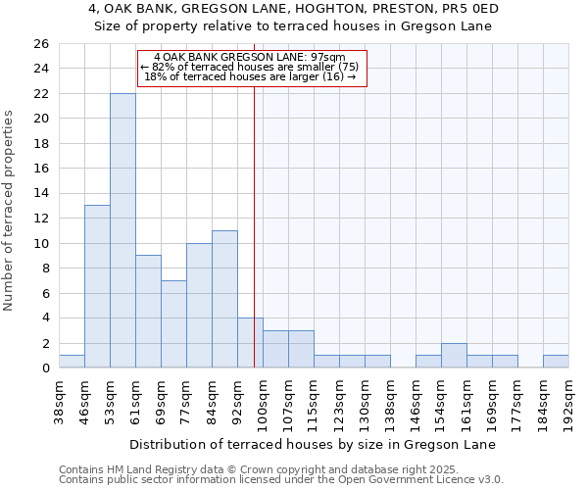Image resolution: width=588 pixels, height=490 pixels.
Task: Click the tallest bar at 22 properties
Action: coord(122,230)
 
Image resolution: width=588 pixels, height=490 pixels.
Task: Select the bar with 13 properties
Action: coord(97,286)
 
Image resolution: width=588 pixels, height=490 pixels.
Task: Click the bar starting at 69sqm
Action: coord(173,323)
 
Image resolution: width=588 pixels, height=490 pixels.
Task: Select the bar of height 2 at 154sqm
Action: coord(454,356)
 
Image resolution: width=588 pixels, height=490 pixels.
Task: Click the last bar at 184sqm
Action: coord(556,362)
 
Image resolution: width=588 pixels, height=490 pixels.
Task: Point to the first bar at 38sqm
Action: coord(72,362)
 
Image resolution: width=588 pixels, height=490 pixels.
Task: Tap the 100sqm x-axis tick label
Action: coord(263,401)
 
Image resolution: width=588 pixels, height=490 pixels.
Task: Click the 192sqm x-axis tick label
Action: coord(568,401)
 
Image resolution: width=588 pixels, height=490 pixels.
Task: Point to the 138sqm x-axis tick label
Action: coord(390,401)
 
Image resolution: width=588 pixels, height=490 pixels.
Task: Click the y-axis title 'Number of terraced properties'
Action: coord(9,210)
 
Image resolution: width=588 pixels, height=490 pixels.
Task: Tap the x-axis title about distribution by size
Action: coord(313,444)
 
